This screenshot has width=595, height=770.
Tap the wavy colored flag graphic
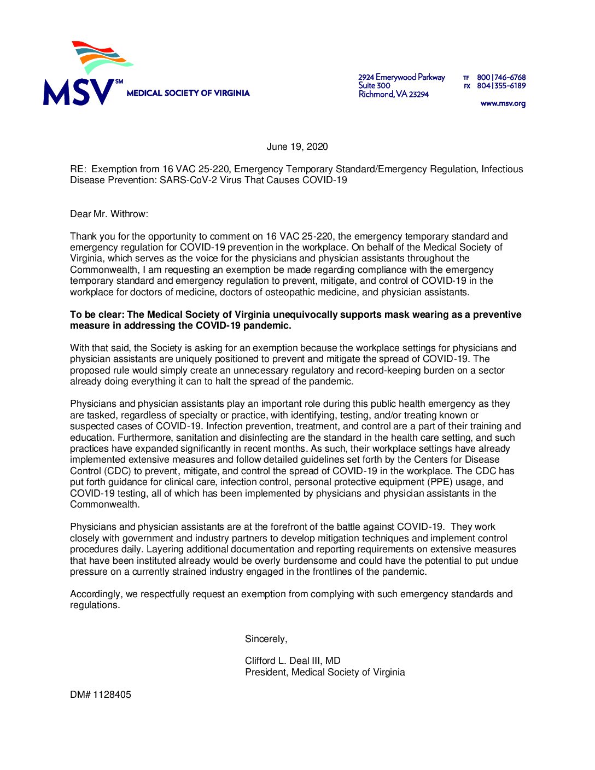click(x=101, y=57)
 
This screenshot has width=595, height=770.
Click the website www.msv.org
click(x=503, y=103)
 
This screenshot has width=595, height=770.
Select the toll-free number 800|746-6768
click(x=501, y=78)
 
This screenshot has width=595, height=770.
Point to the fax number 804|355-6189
click(x=501, y=86)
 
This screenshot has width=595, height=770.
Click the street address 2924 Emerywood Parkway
click(x=401, y=78)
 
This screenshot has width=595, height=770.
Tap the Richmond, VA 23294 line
click(x=393, y=95)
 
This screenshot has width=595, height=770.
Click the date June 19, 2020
click(x=297, y=147)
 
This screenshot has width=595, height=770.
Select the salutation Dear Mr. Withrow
click(x=109, y=214)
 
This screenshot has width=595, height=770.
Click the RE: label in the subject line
click(x=78, y=169)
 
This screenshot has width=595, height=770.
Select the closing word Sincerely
click(x=266, y=639)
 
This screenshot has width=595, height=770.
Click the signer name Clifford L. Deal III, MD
click(x=293, y=661)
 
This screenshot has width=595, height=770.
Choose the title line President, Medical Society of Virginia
click(x=325, y=672)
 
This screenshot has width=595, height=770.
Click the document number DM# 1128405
click(x=101, y=695)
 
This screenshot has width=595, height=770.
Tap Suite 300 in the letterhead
click(x=374, y=86)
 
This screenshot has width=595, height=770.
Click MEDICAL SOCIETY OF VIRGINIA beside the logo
click(x=188, y=94)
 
